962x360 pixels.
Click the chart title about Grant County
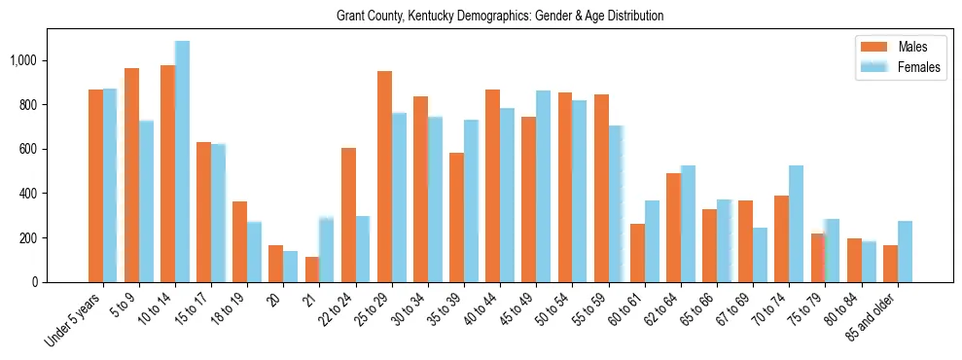[x=500, y=17]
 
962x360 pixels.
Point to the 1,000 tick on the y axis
[x=22, y=60]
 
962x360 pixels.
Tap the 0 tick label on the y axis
[x=34, y=282]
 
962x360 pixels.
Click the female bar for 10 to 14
[x=182, y=162]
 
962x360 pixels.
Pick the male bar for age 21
[x=312, y=270]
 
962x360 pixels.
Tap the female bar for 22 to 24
[x=363, y=249]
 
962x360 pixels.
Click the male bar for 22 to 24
[x=348, y=215]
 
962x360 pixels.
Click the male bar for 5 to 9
[x=131, y=175]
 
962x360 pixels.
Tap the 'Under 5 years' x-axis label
[x=72, y=322]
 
